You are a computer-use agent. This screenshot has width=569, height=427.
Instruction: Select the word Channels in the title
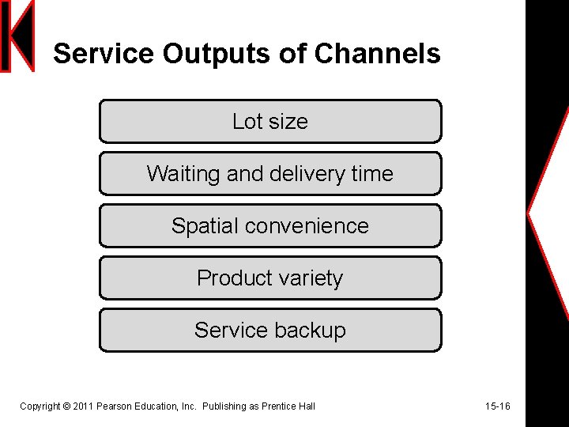[x=377, y=54]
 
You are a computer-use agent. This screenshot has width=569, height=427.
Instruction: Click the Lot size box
[x=270, y=121]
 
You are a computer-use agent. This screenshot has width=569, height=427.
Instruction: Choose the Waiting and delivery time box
[x=270, y=173]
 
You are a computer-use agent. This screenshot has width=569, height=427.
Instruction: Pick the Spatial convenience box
[x=270, y=225]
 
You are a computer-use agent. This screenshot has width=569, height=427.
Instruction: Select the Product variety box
[x=270, y=278]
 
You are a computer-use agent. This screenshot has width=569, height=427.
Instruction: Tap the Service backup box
[x=270, y=330]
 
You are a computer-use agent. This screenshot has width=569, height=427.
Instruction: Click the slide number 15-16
[x=498, y=406]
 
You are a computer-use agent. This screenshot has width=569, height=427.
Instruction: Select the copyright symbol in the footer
[x=66, y=406]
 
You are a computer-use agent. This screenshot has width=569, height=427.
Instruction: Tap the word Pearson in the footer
[x=113, y=406]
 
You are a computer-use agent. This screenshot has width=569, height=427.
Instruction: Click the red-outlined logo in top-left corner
[x=17, y=36]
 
